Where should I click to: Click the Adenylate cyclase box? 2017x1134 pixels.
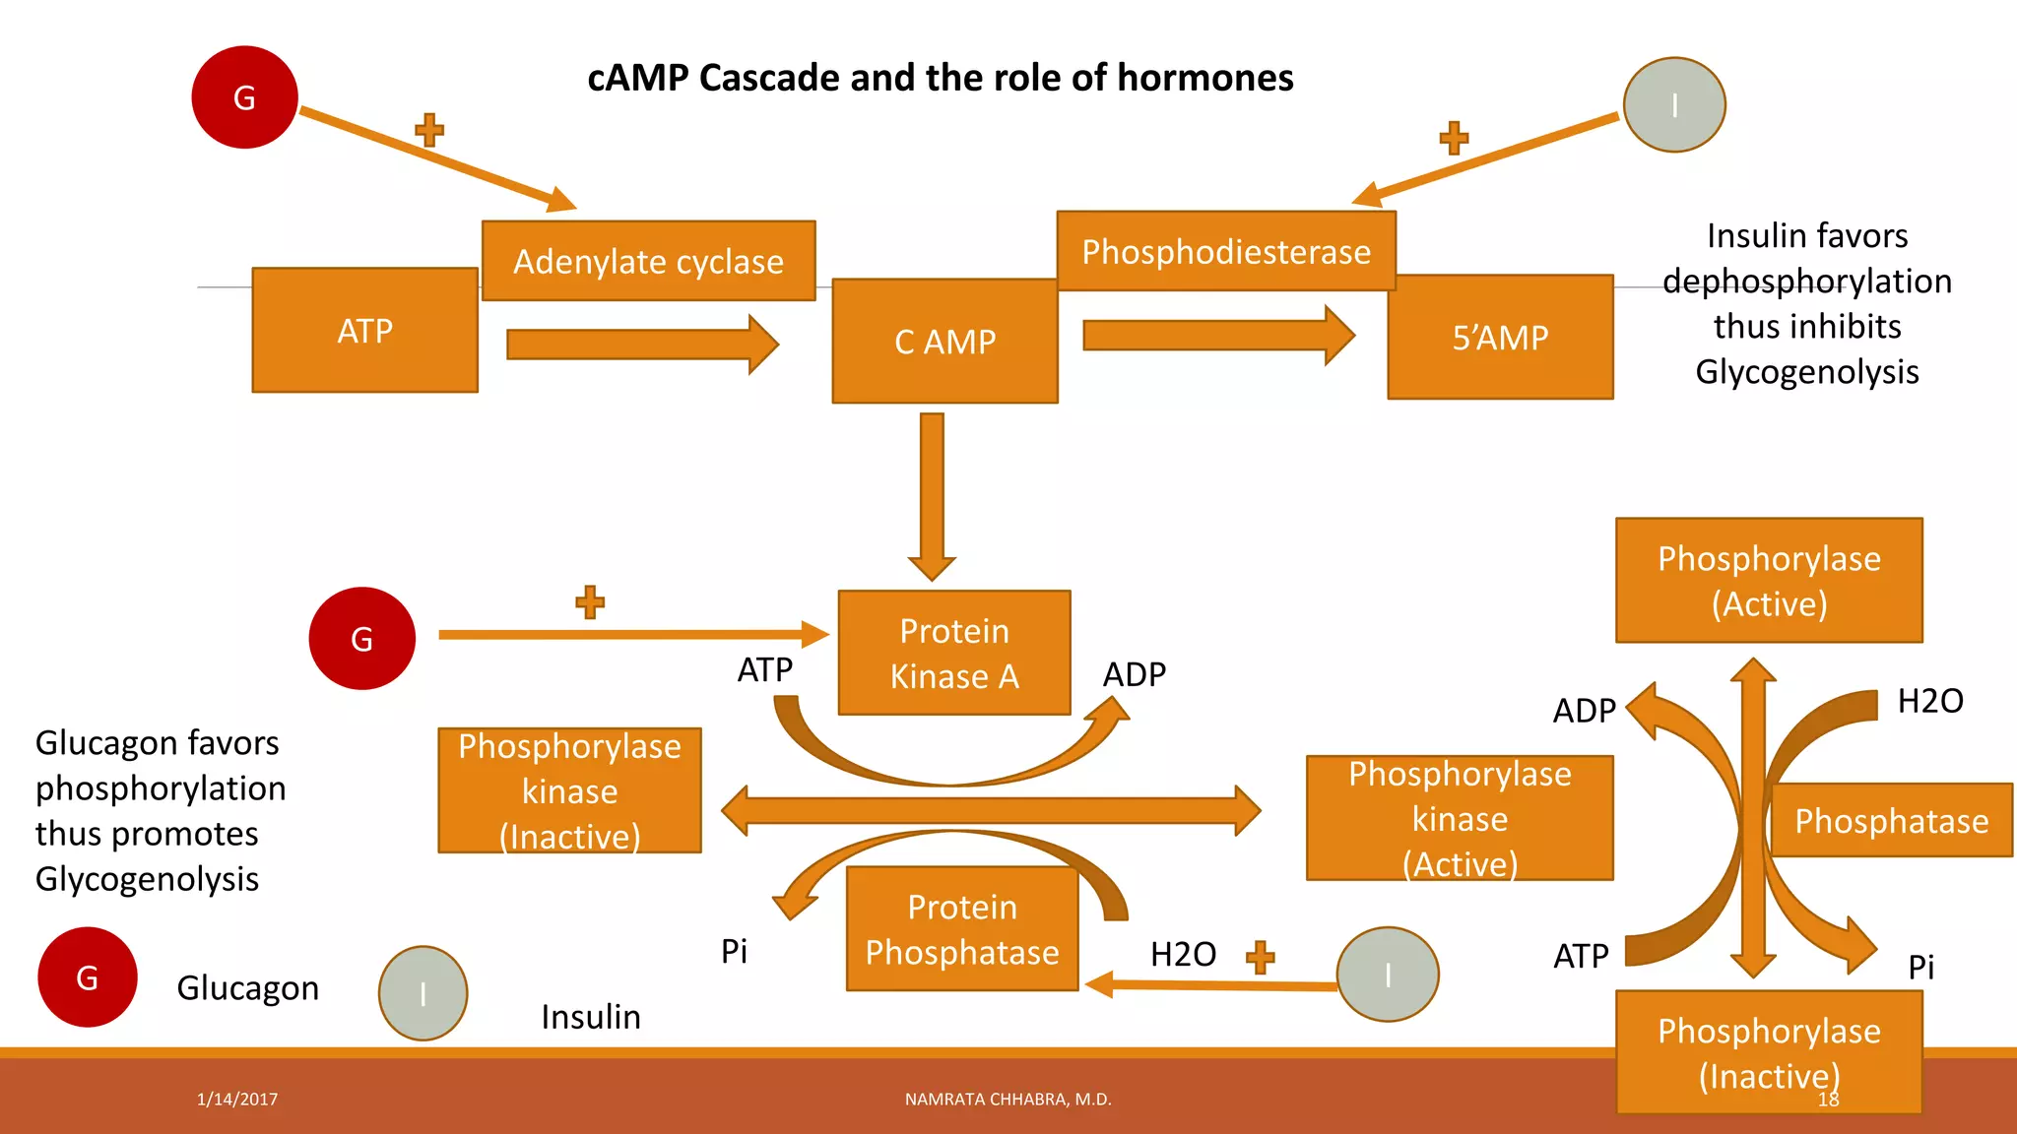pyautogui.click(x=648, y=261)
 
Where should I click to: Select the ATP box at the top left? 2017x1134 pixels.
pyautogui.click(x=364, y=331)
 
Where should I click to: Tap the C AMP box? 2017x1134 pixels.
pyautogui.click(x=944, y=342)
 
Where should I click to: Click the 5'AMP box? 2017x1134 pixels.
pyautogui.click(x=1500, y=338)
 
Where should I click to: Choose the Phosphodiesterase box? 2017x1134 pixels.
pyautogui.click(x=1226, y=251)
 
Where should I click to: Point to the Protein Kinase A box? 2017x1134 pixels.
pyautogui.click(x=953, y=653)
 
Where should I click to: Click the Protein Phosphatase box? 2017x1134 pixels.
pyautogui.click(x=962, y=929)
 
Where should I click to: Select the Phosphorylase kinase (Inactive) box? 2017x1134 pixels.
pyautogui.click(x=569, y=790)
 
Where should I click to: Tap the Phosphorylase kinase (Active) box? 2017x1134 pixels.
pyautogui.click(x=1460, y=818)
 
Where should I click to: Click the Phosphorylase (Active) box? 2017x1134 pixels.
pyautogui.click(x=1769, y=581)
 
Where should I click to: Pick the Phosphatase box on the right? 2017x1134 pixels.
pyautogui.click(x=1891, y=821)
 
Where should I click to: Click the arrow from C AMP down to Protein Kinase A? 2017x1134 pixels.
pyautogui.click(x=932, y=492)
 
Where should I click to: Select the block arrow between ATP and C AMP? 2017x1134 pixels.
pyautogui.click(x=640, y=345)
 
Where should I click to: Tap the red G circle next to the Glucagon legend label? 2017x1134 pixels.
pyautogui.click(x=87, y=977)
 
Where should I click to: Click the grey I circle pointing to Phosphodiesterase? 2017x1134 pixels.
pyautogui.click(x=1674, y=104)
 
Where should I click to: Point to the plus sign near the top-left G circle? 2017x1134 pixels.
pyautogui.click(x=429, y=130)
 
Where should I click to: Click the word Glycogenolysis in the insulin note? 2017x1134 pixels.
pyautogui.click(x=1806, y=372)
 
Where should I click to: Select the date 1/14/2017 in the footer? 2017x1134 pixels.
pyautogui.click(x=237, y=1100)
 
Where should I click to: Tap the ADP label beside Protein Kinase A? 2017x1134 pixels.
pyautogui.click(x=1134, y=674)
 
